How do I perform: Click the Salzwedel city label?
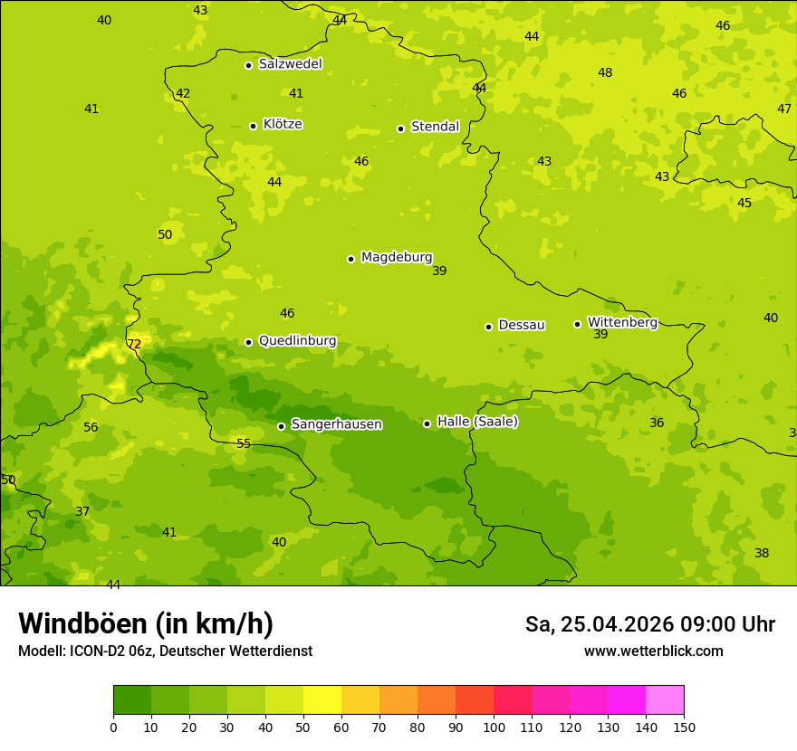click(x=290, y=64)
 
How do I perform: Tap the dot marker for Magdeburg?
click(x=350, y=259)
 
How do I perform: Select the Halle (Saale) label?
click(x=477, y=422)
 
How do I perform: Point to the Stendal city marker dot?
click(x=400, y=128)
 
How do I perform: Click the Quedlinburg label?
click(x=297, y=341)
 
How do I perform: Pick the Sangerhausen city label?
click(x=336, y=424)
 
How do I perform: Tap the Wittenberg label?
click(x=622, y=322)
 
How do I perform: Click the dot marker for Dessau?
click(x=488, y=327)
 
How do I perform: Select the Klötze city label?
click(x=283, y=124)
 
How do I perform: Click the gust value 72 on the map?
click(x=134, y=345)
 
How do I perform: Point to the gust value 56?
click(x=91, y=428)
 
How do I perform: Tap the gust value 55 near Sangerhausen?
click(x=244, y=444)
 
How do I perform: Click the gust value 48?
click(x=605, y=73)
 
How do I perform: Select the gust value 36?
click(x=657, y=423)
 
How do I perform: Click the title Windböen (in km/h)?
click(x=146, y=624)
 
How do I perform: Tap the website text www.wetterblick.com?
click(x=653, y=651)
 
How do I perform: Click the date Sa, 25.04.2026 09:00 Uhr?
click(x=649, y=624)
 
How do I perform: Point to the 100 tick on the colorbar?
click(x=494, y=726)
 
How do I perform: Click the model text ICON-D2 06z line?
click(x=165, y=651)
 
